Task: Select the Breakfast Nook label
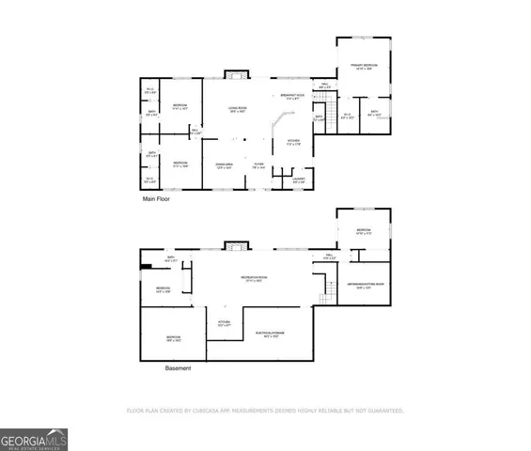point(288,97)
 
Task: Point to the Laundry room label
point(299,179)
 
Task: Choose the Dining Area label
point(224,165)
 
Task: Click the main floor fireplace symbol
point(238,75)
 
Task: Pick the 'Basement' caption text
point(178,368)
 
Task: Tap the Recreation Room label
point(251,279)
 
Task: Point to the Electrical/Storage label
point(271,334)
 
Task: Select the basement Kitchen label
point(224,324)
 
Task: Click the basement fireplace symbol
point(233,246)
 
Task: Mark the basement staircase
point(329,290)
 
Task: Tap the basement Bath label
point(172,258)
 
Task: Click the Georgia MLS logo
point(34,439)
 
